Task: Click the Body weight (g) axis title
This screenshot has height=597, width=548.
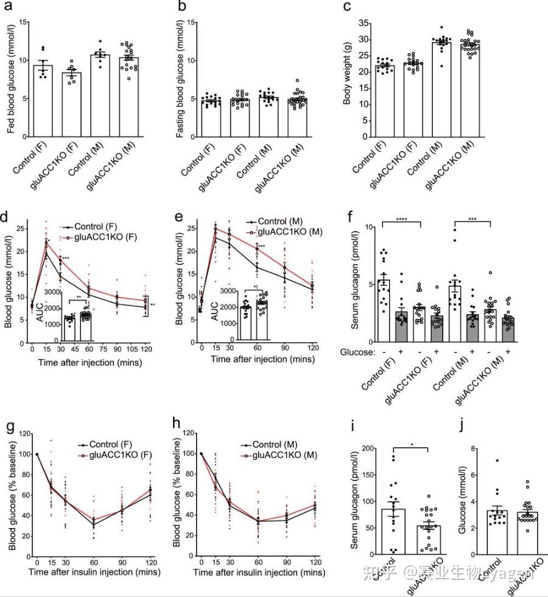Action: (348, 79)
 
